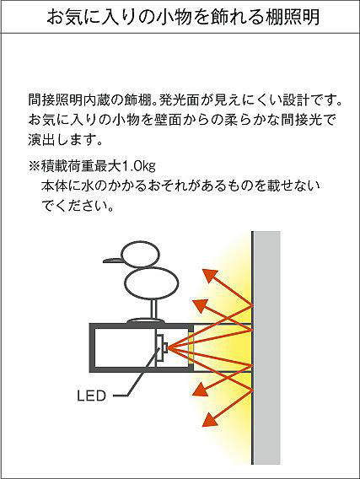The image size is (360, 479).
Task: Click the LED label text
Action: point(91,396)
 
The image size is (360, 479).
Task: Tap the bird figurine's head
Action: point(141,254)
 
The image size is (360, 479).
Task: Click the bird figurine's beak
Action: point(113,261)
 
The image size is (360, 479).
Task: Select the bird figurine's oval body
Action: point(152,283)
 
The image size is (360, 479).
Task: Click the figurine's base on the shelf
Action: point(146,321)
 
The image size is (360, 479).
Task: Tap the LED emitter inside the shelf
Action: point(161,347)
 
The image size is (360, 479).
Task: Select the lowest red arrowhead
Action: point(210,420)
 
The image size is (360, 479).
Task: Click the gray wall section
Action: point(267,347)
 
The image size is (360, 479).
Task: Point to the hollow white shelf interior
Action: point(125,347)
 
